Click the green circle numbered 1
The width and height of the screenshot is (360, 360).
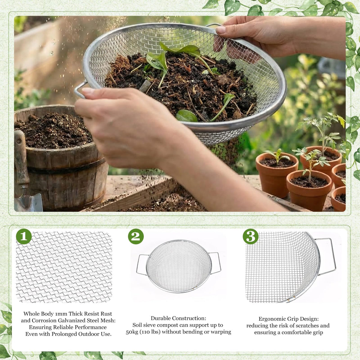pos(24,236)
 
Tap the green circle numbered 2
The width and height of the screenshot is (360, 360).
pos(136,236)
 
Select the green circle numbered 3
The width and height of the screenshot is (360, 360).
pos(251,236)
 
